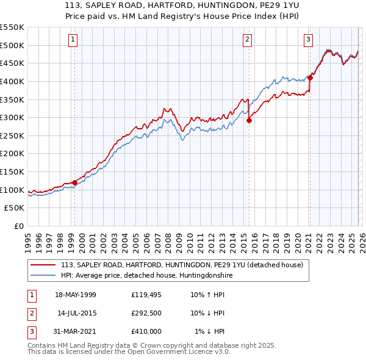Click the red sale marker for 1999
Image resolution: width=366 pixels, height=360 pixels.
click(x=74, y=182)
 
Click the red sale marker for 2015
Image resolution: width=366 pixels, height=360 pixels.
click(x=249, y=120)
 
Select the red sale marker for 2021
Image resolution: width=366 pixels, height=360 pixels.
click(x=310, y=77)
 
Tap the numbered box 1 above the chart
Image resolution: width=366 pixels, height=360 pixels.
click(x=73, y=40)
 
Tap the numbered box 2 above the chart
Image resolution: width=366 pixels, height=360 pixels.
click(x=248, y=40)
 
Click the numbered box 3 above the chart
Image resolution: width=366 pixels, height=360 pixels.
click(x=309, y=40)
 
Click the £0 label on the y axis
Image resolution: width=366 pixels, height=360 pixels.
click(x=18, y=226)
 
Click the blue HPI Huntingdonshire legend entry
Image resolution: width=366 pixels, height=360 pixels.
click(x=146, y=275)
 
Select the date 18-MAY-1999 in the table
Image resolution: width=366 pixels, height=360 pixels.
click(x=76, y=295)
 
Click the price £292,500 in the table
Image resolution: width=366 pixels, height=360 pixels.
click(x=146, y=313)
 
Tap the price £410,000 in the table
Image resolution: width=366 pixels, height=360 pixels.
click(x=146, y=331)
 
